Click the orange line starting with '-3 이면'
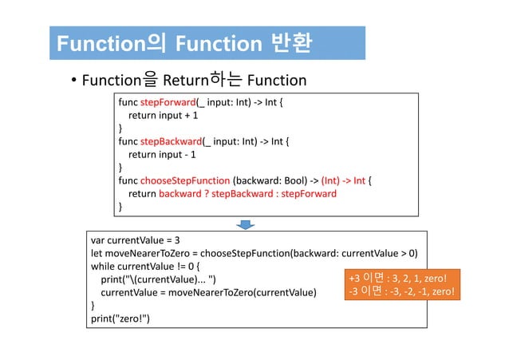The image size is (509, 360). tap(402, 292)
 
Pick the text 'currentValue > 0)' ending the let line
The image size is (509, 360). tap(379, 253)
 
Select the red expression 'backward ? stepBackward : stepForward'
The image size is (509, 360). tap(247, 194)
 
